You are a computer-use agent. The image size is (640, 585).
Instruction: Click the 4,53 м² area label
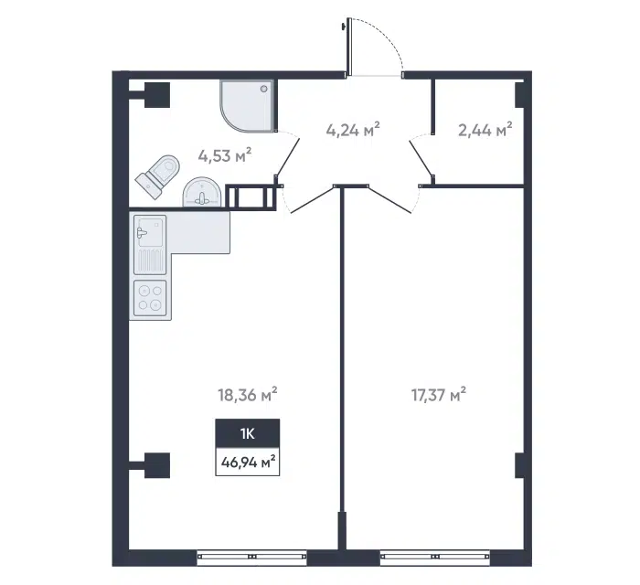225,155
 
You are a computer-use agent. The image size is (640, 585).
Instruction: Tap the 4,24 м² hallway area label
353,130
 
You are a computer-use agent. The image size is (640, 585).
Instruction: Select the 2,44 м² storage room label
485,130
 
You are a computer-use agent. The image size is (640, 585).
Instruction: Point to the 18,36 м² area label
248,395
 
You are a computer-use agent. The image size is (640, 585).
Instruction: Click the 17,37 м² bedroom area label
439,395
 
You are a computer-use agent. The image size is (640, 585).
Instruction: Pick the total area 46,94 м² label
248,463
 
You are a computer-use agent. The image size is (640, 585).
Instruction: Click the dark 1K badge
248,433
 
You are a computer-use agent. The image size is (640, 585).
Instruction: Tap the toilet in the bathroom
158,175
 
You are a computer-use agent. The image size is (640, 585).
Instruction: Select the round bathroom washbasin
201,192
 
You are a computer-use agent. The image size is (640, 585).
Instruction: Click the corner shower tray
249,106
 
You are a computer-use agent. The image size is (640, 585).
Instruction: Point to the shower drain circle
264,88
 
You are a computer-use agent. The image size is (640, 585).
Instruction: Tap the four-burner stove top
150,298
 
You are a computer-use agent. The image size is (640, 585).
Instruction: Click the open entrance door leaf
349,48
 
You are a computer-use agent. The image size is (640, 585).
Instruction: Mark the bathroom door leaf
288,156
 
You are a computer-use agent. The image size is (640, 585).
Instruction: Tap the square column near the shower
157,95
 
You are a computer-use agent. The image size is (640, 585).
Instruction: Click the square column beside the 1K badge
157,465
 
